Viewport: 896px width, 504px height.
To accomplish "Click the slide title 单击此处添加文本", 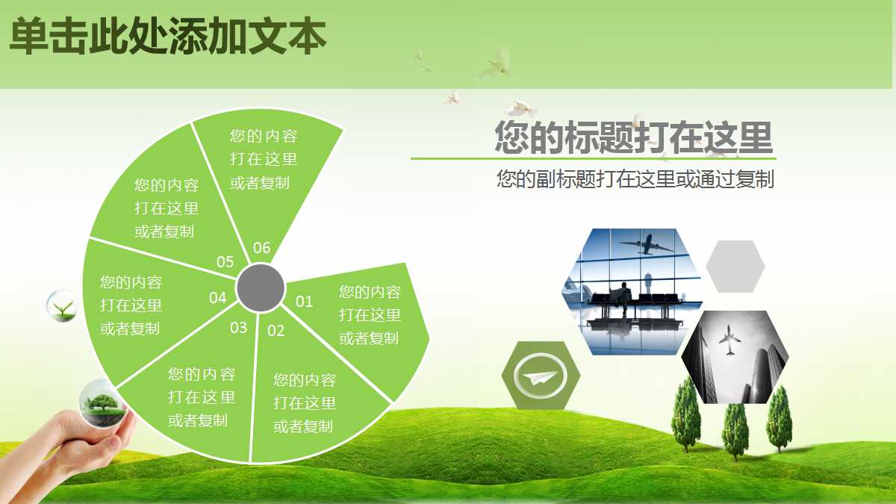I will [167, 37].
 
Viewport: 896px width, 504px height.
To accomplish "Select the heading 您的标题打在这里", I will [633, 137].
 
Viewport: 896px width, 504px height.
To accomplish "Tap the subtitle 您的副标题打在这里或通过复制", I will [635, 179].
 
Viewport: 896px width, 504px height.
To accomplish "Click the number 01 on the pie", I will [304, 302].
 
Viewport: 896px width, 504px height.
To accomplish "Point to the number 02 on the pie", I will [276, 331].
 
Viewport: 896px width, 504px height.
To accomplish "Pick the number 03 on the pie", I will [238, 327].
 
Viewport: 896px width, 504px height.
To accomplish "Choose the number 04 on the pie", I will [217, 298].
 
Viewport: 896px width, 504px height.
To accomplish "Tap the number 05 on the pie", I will [225, 261].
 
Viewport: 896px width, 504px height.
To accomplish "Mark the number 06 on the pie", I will [261, 248].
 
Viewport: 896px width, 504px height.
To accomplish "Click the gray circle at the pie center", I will [261, 287].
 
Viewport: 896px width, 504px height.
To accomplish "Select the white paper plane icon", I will [541, 376].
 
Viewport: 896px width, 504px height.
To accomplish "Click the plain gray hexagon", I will [735, 267].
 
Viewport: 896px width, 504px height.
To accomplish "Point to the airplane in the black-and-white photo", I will [729, 343].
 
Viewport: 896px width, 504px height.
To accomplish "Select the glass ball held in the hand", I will [100, 402].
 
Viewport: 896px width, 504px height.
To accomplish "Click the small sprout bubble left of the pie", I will [62, 305].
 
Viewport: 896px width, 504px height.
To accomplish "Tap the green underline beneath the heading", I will [593, 158].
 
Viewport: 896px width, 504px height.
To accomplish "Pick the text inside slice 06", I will [263, 159].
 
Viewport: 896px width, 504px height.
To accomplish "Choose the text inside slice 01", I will [370, 315].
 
